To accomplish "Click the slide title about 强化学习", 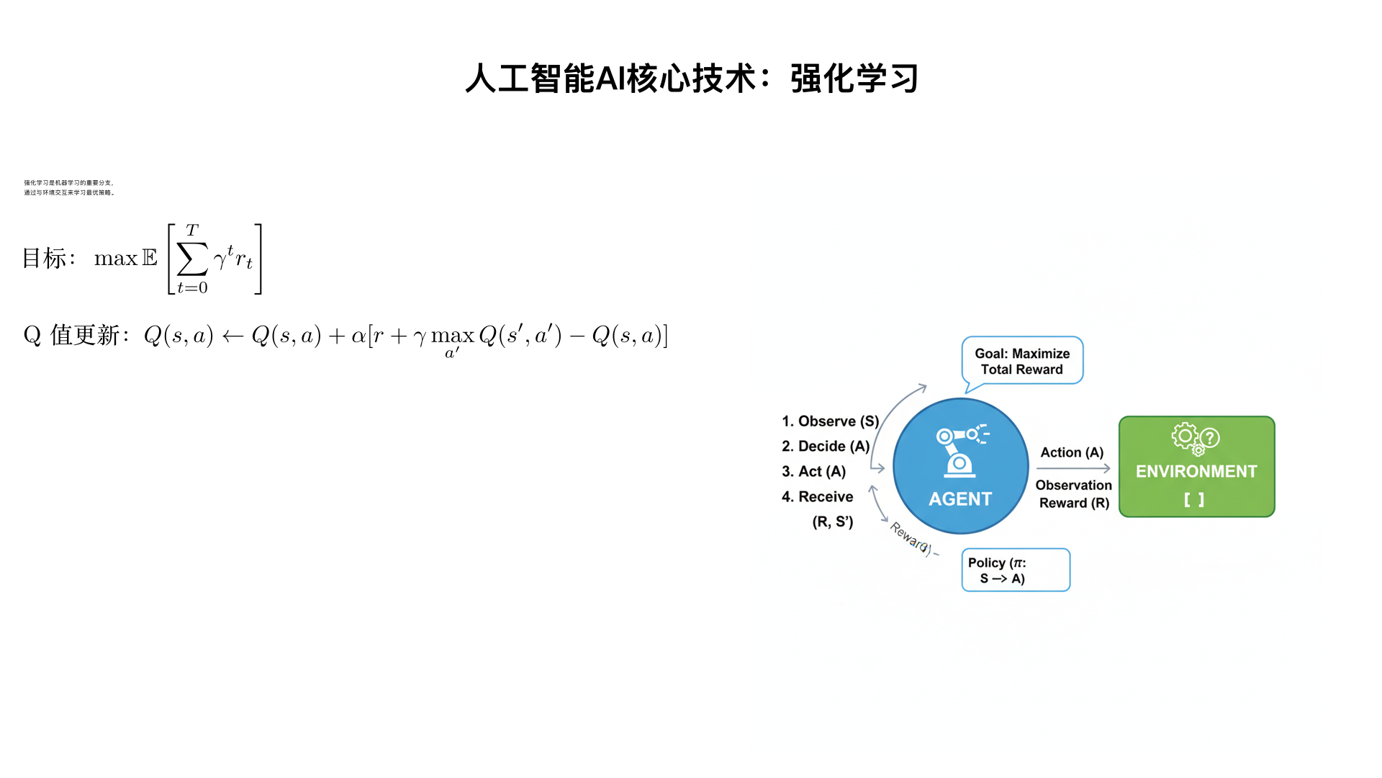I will pos(691,79).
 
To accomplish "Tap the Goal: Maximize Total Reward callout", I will pos(1022,361).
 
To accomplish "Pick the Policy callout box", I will pos(1015,570).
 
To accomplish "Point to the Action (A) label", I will pos(1072,452).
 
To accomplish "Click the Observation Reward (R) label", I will pos(1073,494).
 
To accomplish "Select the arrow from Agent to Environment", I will pos(1073,468).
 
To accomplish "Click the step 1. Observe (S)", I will pos(830,421).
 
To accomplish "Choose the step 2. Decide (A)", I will pos(826,447).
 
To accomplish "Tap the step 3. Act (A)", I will pos(813,472).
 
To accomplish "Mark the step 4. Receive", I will pos(818,497).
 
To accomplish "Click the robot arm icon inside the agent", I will pos(961,451).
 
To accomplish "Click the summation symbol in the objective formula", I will pos(192,259).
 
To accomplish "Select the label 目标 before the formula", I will pos(45,259).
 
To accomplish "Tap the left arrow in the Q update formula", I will pos(232,336).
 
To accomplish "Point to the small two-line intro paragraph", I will pos(69,188).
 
